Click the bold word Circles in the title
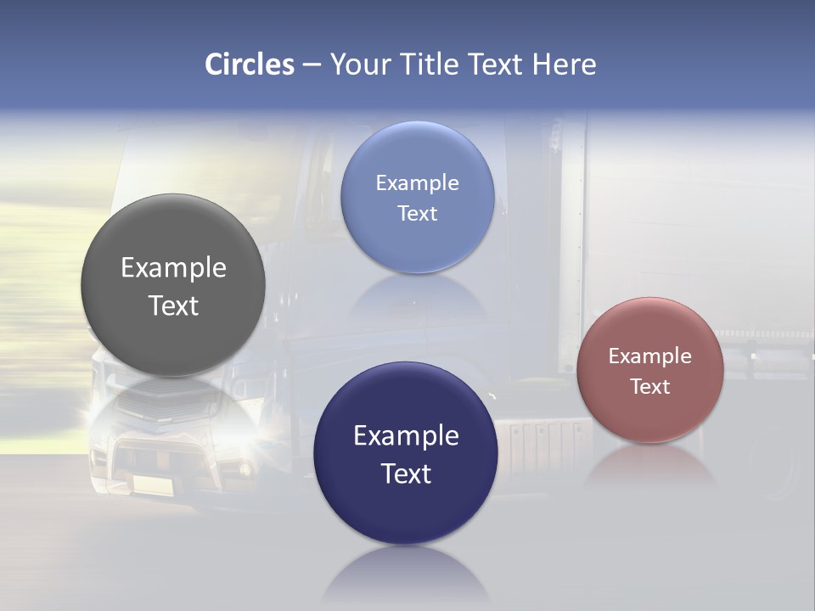(250, 64)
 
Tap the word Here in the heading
(564, 64)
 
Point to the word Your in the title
(360, 64)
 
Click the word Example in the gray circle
(173, 268)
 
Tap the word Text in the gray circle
(173, 305)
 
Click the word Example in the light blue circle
(417, 183)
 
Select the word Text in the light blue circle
(417, 214)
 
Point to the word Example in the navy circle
(405, 436)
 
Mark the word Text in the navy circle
(405, 474)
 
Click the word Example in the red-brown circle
(650, 356)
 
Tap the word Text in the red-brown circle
(650, 387)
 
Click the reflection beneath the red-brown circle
(650, 467)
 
